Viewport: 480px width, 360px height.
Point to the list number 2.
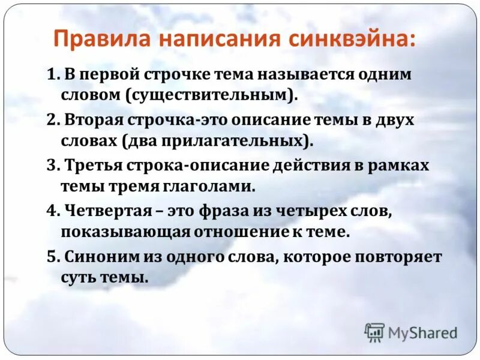tap(52, 120)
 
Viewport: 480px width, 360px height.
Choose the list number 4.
tap(52, 210)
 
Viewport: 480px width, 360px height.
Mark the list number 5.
tap(52, 256)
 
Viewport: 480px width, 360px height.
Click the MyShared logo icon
tap(374, 332)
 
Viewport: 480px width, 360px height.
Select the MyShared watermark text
tap(422, 333)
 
